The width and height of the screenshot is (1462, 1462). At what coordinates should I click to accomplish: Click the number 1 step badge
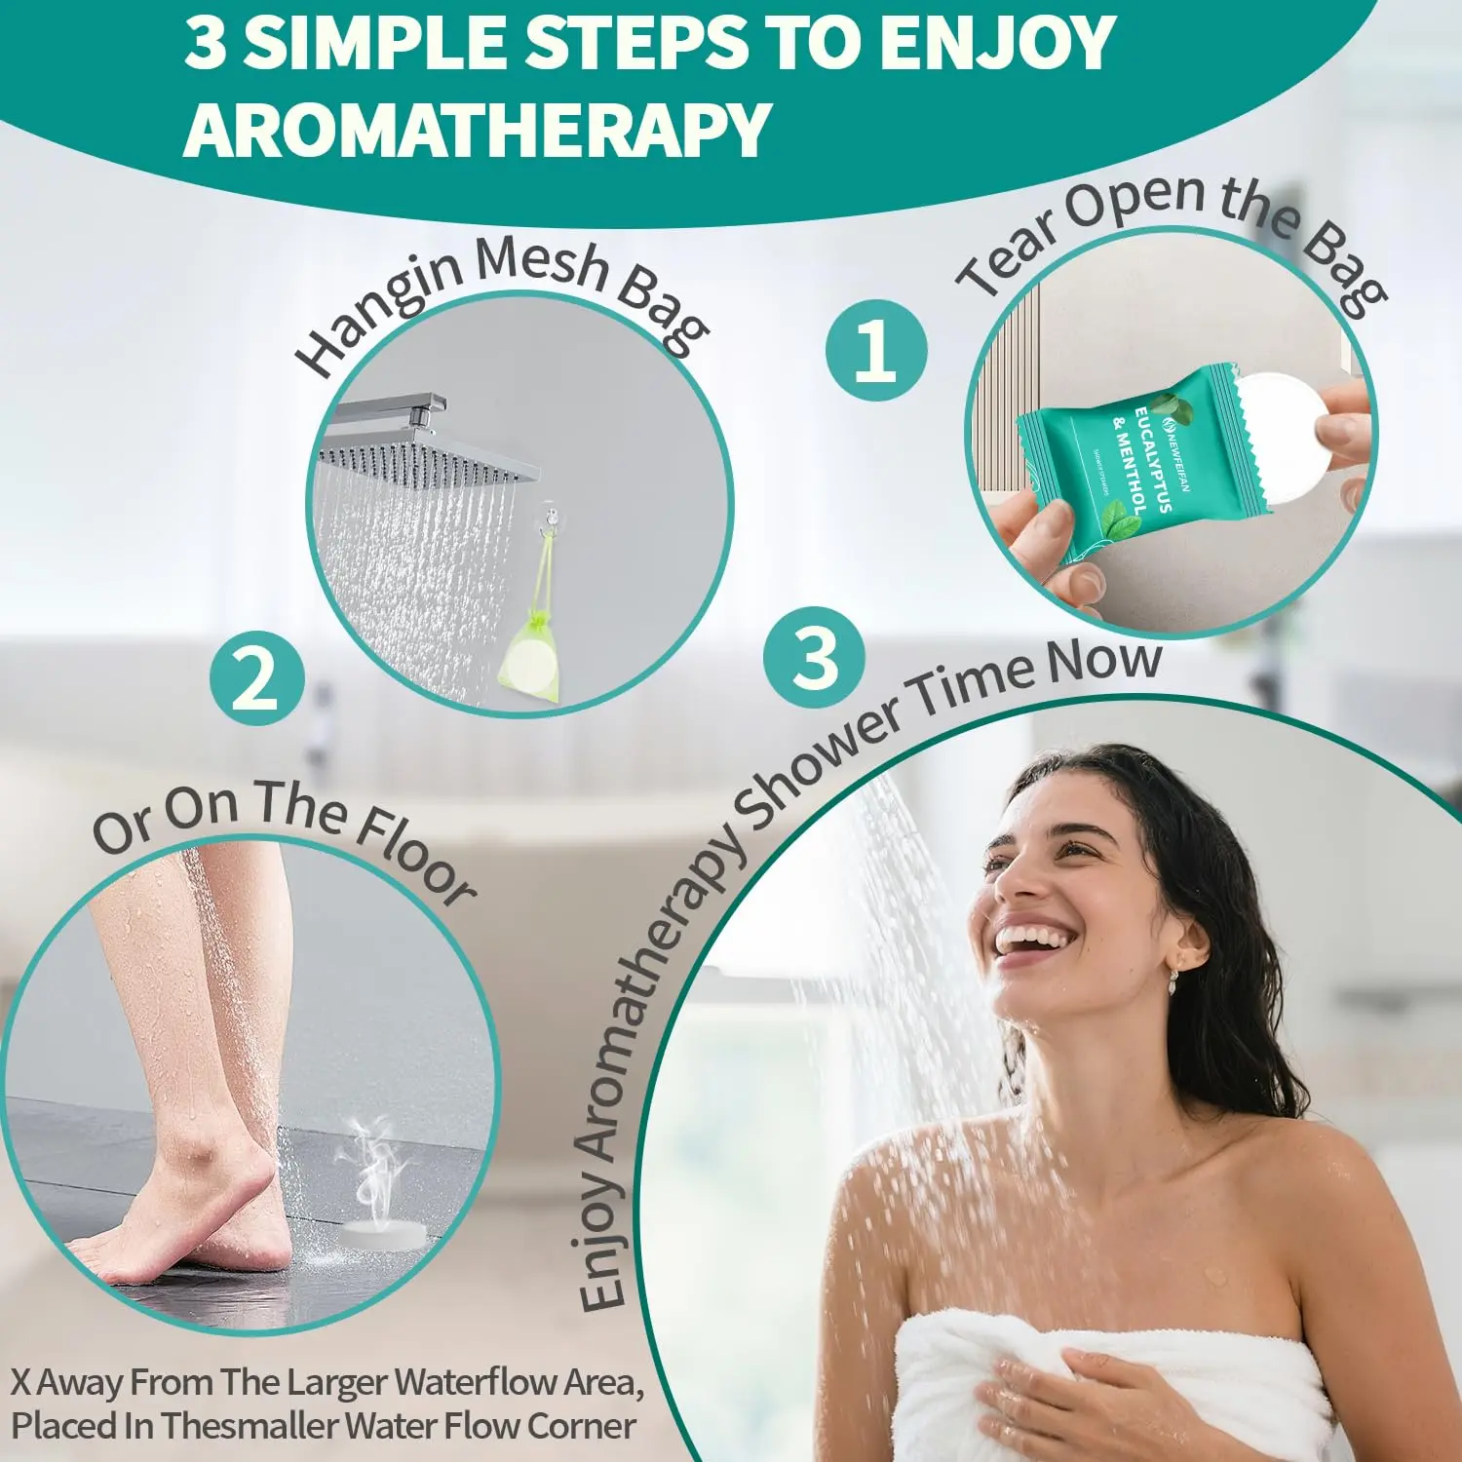click(x=875, y=350)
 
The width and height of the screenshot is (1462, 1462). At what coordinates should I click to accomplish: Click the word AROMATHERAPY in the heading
click(x=478, y=130)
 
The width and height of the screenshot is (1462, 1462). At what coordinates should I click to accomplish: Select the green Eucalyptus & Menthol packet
click(x=1131, y=463)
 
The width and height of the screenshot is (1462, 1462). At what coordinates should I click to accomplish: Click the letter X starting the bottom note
click(x=21, y=1381)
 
